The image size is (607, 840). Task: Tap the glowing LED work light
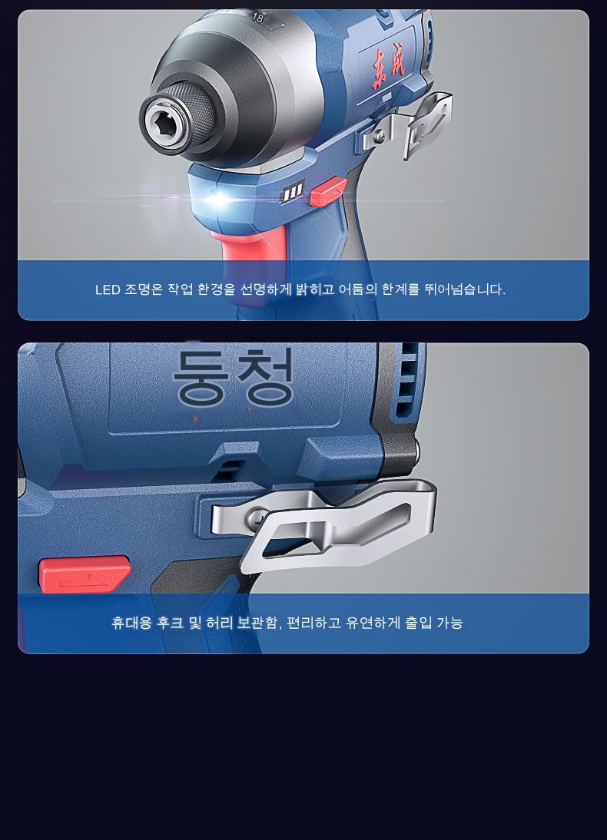coord(219,200)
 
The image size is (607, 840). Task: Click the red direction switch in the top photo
coord(327,192)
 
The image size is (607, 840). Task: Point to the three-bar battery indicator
coord(294,192)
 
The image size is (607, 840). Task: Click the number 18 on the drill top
coord(258,18)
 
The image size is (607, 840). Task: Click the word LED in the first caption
coord(108,289)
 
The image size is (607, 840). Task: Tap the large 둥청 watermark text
coord(234,376)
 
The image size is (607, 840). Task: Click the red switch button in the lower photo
coord(84,574)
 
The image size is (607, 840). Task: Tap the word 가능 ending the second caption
coord(449,623)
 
